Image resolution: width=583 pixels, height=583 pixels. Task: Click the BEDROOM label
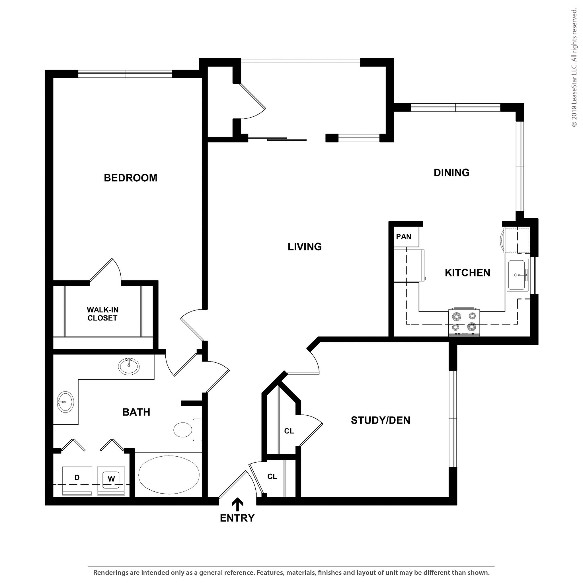[x=130, y=178]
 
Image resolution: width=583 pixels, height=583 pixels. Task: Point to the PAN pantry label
[x=403, y=237]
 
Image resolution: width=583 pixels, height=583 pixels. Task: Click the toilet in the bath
[x=187, y=429]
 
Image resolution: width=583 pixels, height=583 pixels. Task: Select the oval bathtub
[x=169, y=474]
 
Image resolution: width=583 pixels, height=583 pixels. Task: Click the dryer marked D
[x=77, y=478]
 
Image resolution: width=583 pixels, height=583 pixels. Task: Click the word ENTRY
[x=237, y=518]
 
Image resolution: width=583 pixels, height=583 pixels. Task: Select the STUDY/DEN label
[x=380, y=420]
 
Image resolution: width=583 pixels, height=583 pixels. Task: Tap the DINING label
[x=451, y=173]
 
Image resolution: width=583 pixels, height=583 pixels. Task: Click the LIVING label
[x=305, y=247]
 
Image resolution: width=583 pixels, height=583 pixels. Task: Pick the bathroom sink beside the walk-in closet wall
[x=129, y=366]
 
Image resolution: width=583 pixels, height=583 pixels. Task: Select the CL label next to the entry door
[x=272, y=477]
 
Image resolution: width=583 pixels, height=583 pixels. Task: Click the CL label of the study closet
[x=289, y=431]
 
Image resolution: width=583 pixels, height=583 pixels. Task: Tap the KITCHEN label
[x=467, y=273]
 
